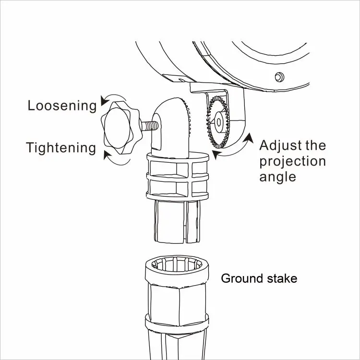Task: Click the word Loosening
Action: pos(62,106)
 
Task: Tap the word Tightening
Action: pos(61,147)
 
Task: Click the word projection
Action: pos(292,161)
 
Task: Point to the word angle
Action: pos(277,177)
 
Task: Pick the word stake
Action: pos(282,278)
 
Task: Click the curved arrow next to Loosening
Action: pos(104,100)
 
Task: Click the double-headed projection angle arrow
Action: pos(235,149)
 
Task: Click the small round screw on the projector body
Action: pos(278,77)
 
